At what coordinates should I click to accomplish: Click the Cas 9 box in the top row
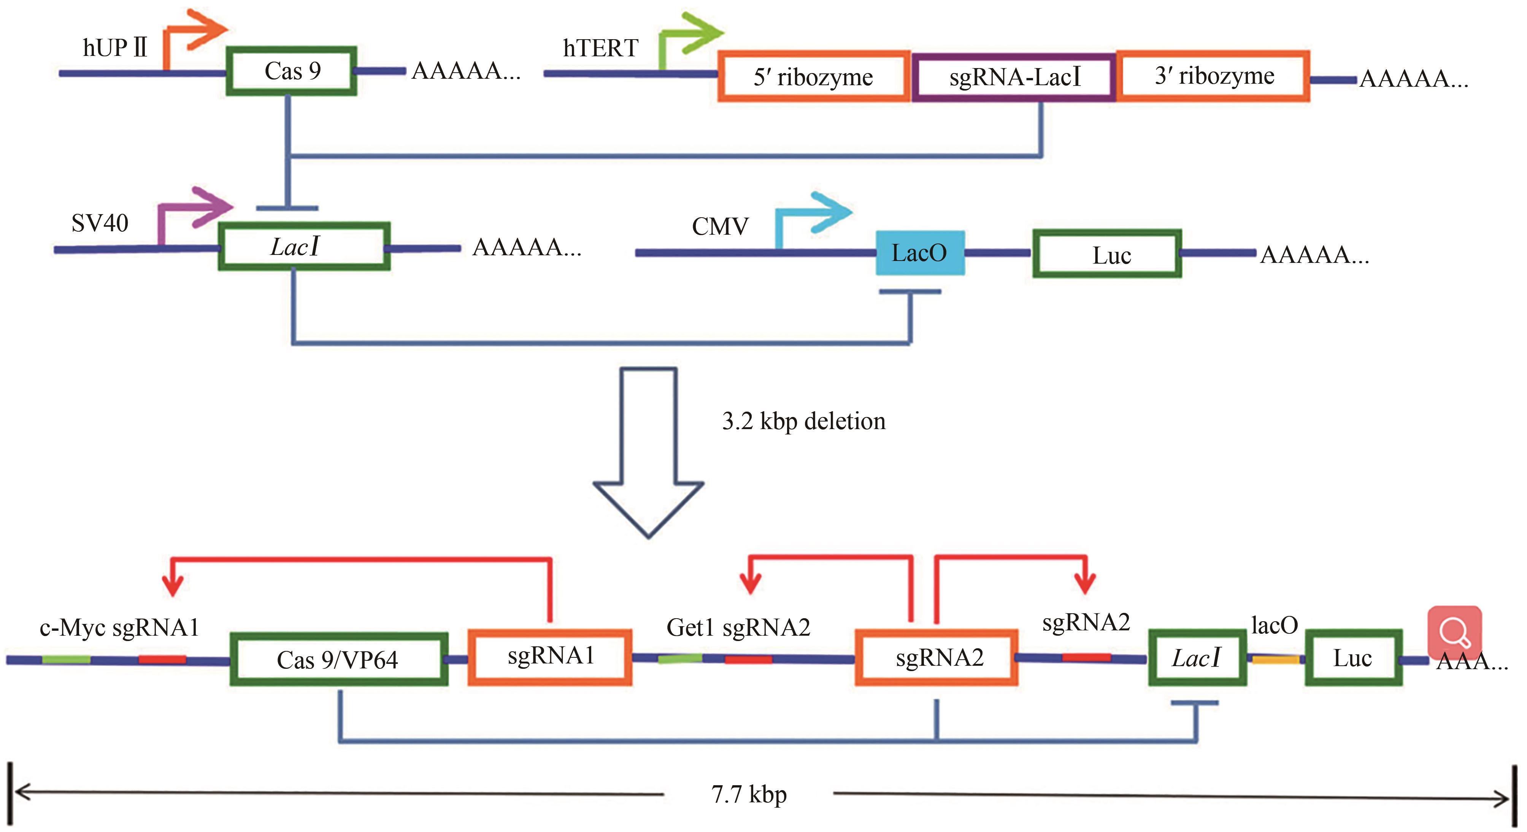[292, 71]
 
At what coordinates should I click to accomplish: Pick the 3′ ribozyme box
[1213, 76]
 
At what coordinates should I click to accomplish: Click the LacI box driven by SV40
[303, 247]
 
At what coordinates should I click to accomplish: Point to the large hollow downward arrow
[648, 451]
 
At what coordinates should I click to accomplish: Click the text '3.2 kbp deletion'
[803, 421]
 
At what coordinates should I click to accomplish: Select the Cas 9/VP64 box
[338, 659]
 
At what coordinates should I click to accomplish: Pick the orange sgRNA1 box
[550, 657]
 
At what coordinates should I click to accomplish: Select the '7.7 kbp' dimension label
[749, 794]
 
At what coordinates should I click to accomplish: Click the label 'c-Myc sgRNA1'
[119, 627]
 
